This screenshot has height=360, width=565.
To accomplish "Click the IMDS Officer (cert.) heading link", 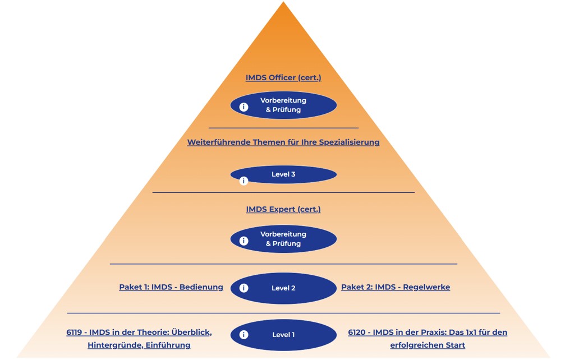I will click(283, 78).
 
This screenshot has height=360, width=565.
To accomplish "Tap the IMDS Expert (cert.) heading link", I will click(283, 209).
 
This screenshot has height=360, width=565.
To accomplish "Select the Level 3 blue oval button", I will click(283, 174).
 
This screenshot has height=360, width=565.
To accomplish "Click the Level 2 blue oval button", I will click(283, 288).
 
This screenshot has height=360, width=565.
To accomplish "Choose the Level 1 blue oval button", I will click(283, 335).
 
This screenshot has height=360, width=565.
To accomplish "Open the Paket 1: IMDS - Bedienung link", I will click(171, 287).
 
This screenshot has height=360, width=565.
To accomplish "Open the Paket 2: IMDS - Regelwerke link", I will click(396, 287).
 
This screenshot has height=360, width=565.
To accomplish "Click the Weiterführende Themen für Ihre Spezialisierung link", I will click(283, 142).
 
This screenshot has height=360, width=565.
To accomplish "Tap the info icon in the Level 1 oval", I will click(244, 335).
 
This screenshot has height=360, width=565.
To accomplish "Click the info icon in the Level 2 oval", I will click(244, 288).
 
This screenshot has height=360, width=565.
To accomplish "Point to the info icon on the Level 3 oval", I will click(244, 181).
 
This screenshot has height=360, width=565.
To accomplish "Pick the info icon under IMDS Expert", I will click(244, 241).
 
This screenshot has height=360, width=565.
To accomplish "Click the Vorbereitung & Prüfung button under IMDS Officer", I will click(283, 105).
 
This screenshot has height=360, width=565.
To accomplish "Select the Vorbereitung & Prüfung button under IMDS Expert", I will click(283, 239).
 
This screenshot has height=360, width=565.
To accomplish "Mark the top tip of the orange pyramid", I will click(283, 3).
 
